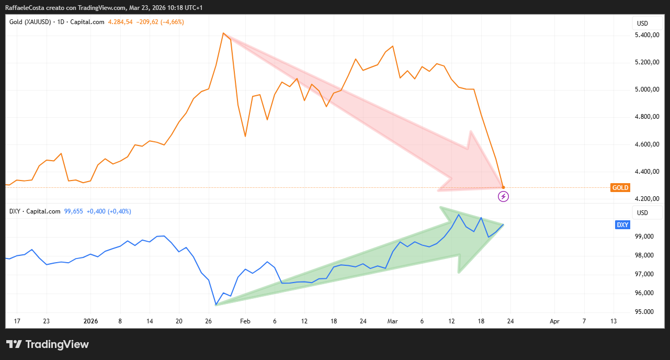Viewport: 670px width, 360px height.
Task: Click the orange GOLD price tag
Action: click(620, 188)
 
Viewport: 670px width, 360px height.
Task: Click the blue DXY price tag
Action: click(622, 225)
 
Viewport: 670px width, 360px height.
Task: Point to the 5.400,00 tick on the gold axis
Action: click(646, 35)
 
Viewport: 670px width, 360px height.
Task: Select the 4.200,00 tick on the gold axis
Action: click(646, 199)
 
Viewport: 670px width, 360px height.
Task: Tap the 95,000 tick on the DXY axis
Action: click(646, 312)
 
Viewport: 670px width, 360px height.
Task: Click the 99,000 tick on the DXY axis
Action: click(646, 237)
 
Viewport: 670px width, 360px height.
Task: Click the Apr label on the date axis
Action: click(555, 321)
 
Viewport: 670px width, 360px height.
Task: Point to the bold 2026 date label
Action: click(91, 321)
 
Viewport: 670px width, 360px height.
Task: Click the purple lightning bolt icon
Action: click(503, 196)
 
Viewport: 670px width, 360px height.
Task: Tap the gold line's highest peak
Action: click(223, 33)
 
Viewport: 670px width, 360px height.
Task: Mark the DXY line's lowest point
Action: click(216, 305)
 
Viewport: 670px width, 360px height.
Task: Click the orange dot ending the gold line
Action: click(503, 187)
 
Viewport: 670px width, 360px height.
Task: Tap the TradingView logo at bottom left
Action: click(48, 344)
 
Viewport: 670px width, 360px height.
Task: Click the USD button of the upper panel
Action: click(642, 24)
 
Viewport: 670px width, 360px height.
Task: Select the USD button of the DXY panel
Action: click(642, 213)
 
